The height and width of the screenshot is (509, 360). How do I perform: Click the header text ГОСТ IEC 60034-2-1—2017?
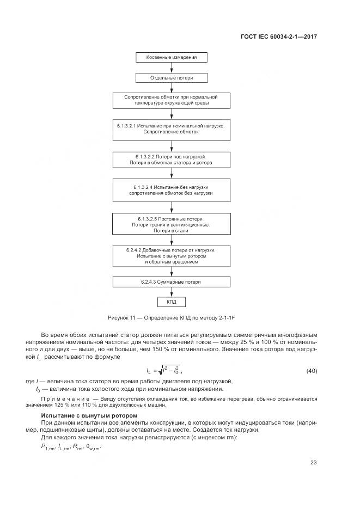click(278, 37)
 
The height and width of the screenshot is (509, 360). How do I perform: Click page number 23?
click(313, 463)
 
